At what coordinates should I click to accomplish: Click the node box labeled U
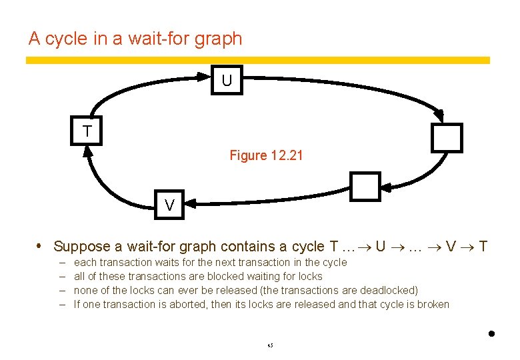coord(227,81)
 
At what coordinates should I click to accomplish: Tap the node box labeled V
coord(170,205)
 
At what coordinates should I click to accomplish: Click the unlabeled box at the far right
coord(446,137)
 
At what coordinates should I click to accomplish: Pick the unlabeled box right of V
coord(365,187)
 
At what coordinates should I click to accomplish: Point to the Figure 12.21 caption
coord(266,156)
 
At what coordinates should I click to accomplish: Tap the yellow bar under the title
coord(257,60)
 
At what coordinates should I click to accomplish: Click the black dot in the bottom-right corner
coord(491,334)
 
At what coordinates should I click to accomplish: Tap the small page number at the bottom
coord(270,345)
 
